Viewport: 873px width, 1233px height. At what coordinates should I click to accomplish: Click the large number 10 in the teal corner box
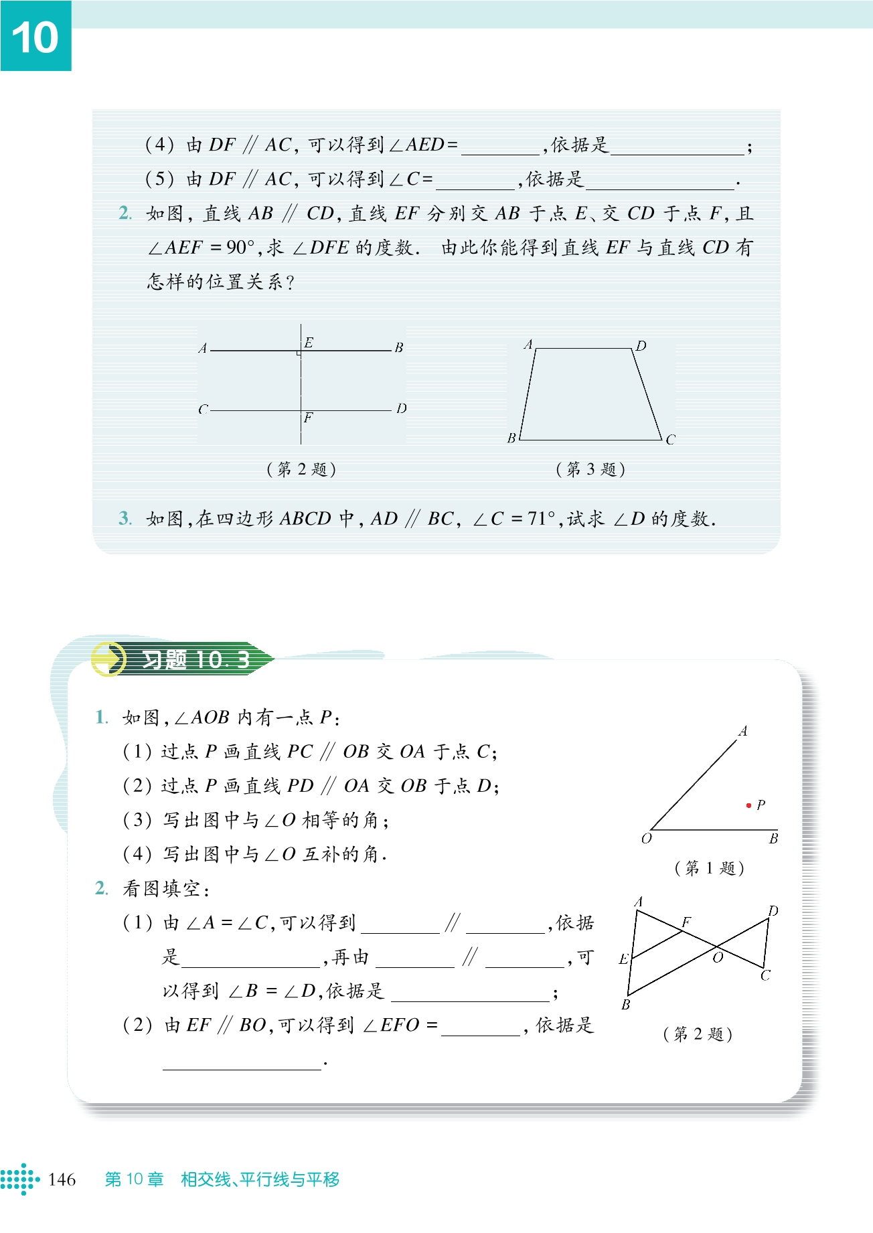[x=35, y=37]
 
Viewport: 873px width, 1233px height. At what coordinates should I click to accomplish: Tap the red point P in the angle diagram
[x=748, y=805]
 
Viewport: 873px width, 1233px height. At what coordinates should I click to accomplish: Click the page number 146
[x=62, y=1179]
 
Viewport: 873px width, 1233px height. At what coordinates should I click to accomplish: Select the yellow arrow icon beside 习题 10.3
[x=108, y=659]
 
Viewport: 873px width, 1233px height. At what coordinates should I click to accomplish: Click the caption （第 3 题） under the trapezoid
[x=590, y=469]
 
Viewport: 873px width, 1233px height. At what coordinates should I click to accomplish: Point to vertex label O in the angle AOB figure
[x=646, y=839]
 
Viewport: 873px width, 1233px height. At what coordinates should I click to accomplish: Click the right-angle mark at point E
[x=299, y=352]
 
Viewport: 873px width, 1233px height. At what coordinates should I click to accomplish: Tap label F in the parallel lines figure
[x=308, y=418]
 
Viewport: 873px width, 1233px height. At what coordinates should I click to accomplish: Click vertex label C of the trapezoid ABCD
[x=670, y=439]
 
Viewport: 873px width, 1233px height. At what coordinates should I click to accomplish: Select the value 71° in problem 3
[x=542, y=519]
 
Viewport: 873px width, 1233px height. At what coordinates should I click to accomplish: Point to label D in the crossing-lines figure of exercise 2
[x=773, y=911]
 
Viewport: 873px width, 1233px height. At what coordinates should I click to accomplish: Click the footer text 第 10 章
[x=134, y=1179]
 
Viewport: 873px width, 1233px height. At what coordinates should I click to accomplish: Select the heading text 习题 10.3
[x=195, y=660]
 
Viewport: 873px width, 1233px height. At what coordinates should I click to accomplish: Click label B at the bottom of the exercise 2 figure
[x=626, y=1005]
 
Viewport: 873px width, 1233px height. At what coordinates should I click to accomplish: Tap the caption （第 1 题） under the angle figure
[x=709, y=868]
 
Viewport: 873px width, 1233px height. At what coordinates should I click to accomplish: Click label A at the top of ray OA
[x=742, y=731]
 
